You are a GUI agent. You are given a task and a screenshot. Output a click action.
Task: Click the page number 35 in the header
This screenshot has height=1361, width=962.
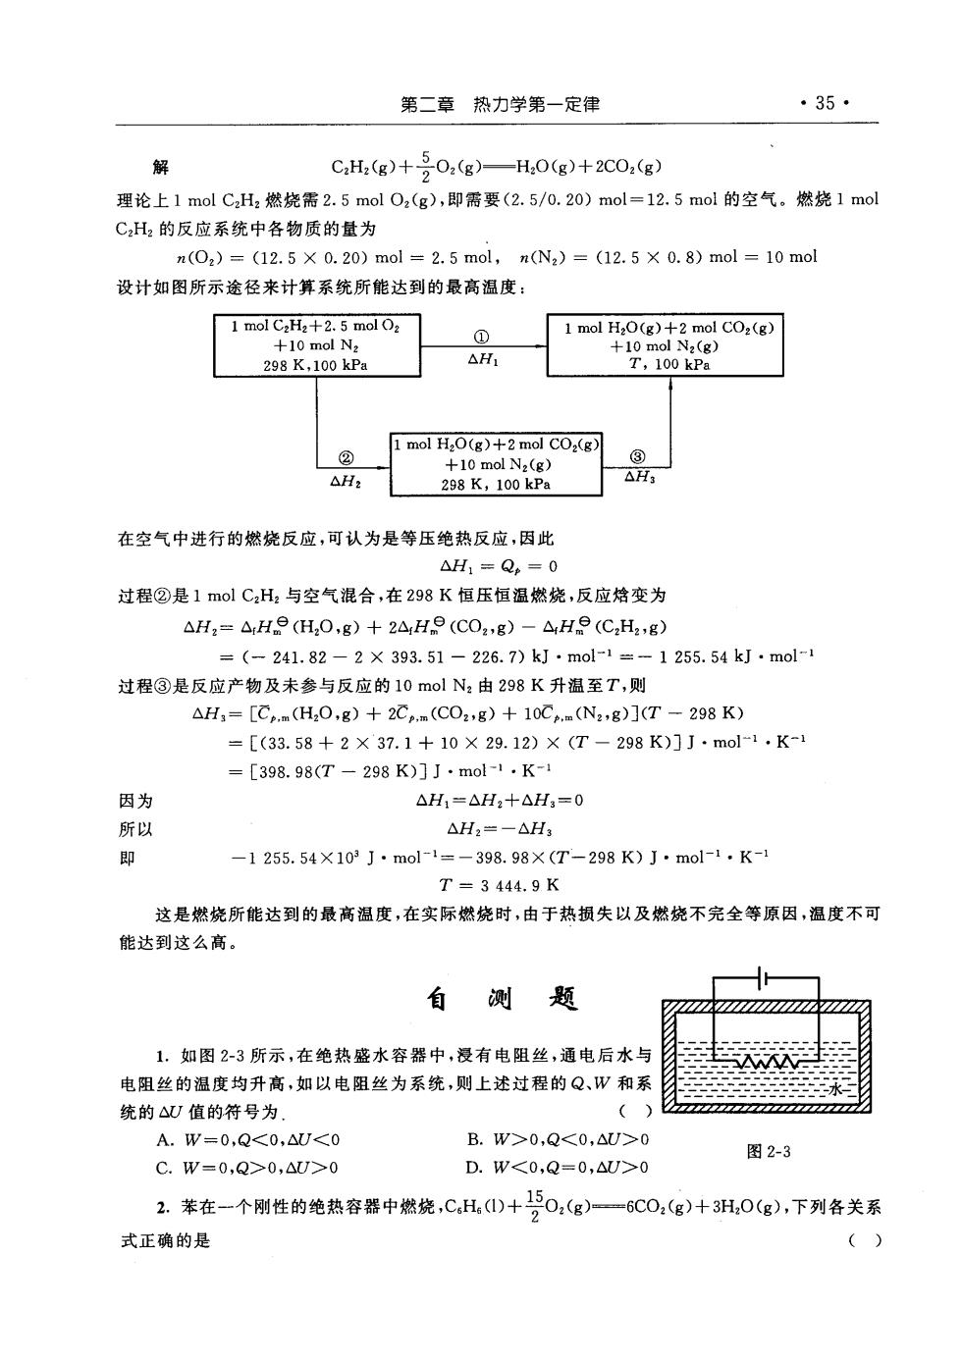point(825,103)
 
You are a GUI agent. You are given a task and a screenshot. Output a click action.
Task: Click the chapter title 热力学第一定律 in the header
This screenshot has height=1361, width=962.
point(536,105)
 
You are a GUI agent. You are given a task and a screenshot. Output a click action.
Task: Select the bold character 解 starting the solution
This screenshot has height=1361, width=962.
point(160,167)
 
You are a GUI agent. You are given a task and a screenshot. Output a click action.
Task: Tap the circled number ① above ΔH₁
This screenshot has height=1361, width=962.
point(481,337)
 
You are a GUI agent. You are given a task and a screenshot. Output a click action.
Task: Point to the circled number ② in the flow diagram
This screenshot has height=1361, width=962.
point(346,458)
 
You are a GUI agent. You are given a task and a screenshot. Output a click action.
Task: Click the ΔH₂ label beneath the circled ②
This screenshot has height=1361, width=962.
point(346,482)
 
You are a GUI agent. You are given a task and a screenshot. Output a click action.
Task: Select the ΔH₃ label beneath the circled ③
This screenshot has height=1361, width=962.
point(639,477)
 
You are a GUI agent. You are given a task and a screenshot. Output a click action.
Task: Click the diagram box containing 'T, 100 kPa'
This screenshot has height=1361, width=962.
point(665,345)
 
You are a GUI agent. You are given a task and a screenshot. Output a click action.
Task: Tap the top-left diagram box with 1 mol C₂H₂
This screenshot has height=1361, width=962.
point(317,345)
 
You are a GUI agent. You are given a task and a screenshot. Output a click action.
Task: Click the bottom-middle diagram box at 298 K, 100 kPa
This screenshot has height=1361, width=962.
point(496,464)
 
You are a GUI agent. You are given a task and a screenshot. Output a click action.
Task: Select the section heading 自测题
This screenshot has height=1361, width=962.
point(502,999)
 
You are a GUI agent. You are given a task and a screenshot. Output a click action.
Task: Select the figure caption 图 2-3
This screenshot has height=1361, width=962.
point(769,1151)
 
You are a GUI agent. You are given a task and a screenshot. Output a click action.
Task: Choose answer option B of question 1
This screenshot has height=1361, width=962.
point(558,1139)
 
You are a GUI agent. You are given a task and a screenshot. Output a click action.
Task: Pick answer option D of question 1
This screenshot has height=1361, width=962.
point(558,1167)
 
